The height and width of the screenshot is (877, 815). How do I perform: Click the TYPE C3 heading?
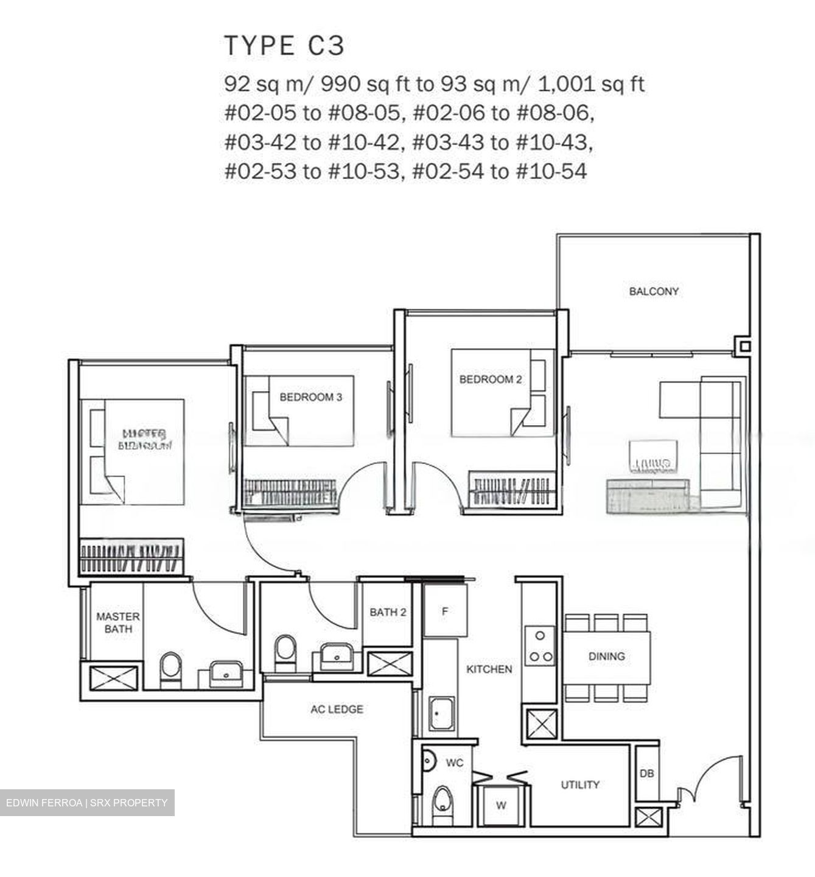(284, 46)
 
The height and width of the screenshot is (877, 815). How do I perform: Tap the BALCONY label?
(654, 292)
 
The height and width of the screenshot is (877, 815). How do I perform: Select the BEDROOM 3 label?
(310, 397)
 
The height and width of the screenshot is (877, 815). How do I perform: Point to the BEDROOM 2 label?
(490, 379)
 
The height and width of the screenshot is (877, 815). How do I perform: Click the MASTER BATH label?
(118, 622)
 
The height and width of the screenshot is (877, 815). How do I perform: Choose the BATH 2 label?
(388, 612)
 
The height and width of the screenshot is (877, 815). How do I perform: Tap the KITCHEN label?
(489, 669)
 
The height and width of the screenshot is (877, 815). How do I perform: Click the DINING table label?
(606, 656)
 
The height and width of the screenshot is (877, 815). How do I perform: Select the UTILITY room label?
(579, 784)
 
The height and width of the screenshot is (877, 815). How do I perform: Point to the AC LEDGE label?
(337, 710)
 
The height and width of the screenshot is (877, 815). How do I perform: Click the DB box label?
(646, 773)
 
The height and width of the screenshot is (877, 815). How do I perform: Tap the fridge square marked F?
(445, 611)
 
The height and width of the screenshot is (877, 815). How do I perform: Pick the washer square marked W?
(500, 805)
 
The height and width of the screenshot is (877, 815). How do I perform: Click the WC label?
(455, 763)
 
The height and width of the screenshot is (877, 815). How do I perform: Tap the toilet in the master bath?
(170, 668)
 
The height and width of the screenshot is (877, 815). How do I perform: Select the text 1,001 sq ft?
(590, 84)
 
